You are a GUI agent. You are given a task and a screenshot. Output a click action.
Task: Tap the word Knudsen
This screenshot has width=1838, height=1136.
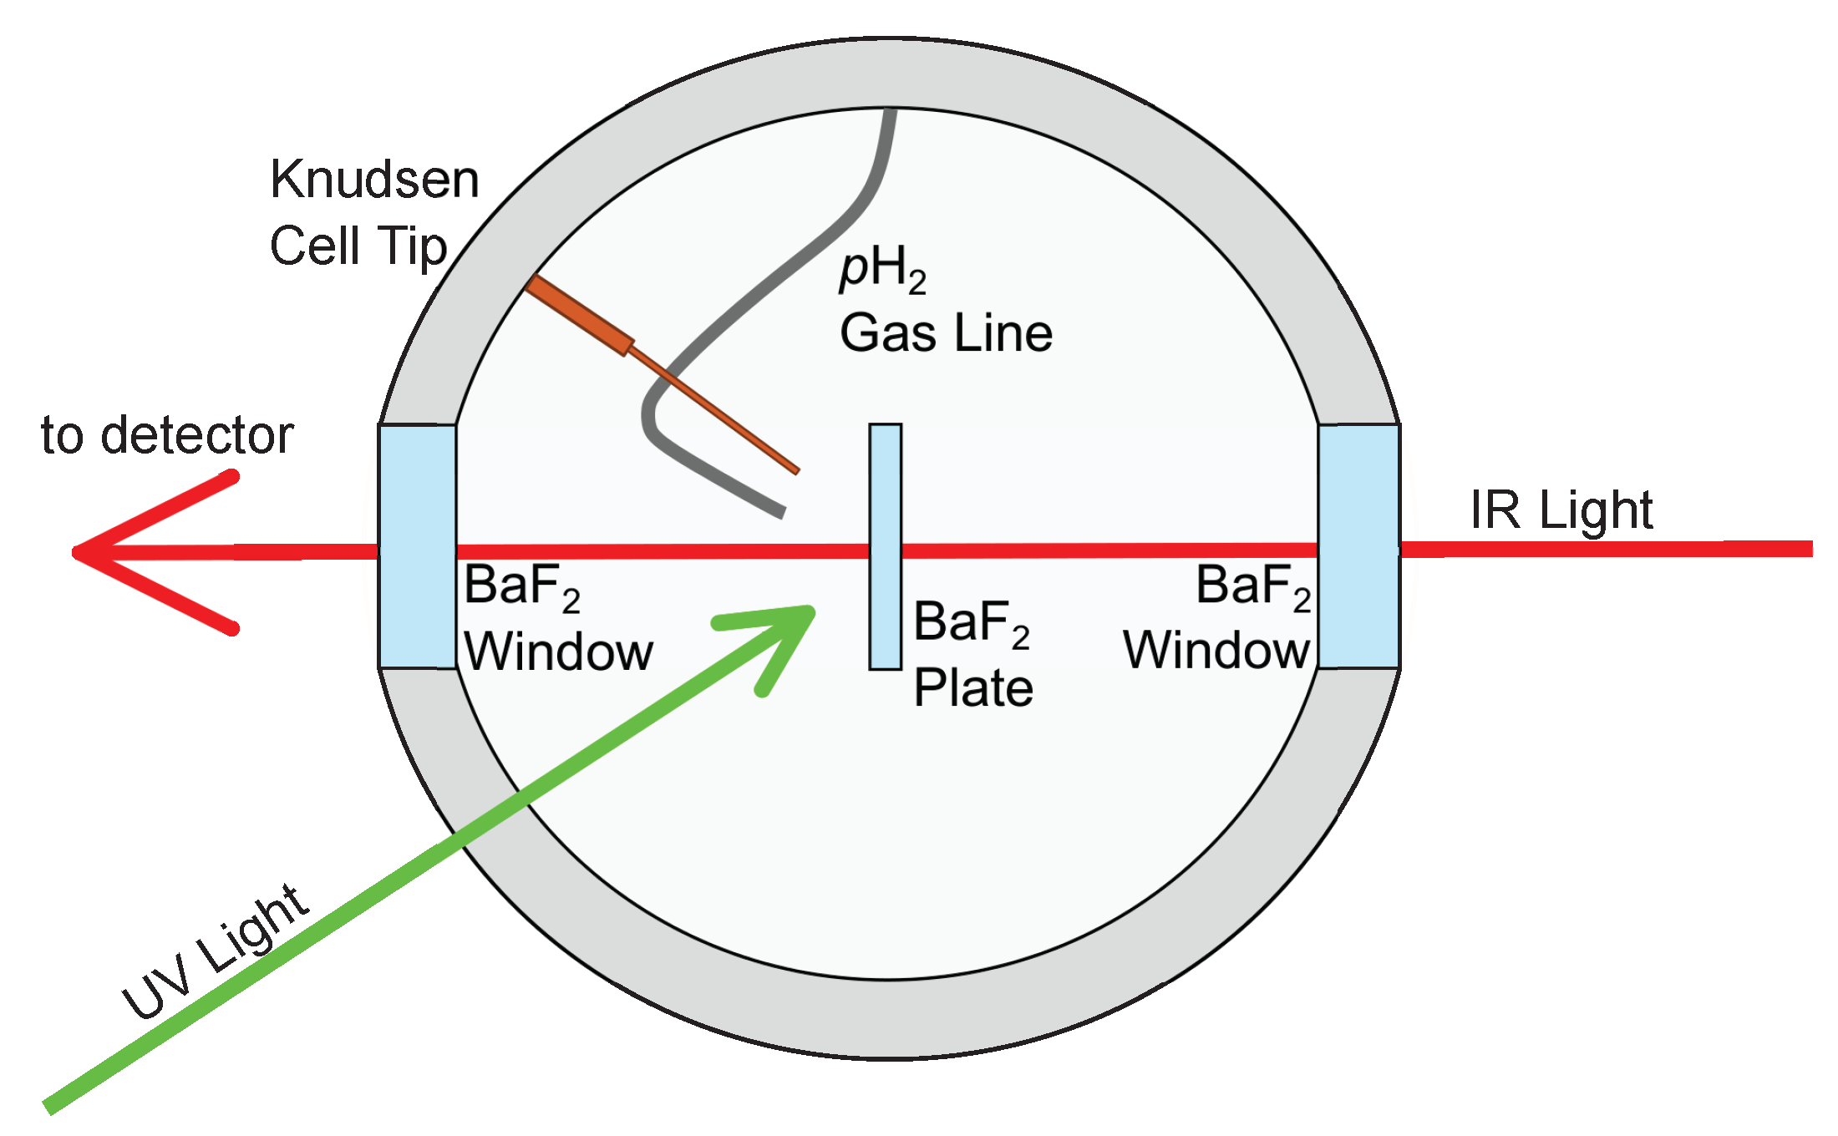coord(374,180)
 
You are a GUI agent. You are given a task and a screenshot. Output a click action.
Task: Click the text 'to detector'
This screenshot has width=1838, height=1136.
coord(167,435)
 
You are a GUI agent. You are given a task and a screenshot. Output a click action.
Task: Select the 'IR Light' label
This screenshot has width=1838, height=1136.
coord(1561,510)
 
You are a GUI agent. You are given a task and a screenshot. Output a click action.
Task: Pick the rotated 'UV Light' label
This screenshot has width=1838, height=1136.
coord(216,952)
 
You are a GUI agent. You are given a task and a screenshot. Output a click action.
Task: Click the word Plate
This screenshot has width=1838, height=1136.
coord(973,688)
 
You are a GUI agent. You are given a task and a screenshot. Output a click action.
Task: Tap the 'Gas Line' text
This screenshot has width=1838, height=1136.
coord(946,333)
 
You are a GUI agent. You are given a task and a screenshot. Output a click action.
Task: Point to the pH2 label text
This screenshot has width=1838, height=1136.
coord(882,270)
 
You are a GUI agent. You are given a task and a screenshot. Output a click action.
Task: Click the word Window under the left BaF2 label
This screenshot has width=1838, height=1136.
coord(558,652)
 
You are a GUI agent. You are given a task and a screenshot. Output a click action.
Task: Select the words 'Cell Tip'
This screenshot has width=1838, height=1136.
coord(358,246)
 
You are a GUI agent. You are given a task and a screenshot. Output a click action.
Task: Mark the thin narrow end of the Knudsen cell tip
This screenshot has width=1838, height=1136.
coord(790,465)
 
